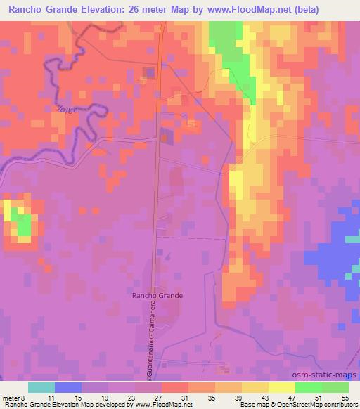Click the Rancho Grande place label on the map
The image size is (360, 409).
tap(157, 296)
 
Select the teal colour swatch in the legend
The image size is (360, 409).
tap(41, 387)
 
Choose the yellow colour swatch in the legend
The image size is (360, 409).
tap(282, 387)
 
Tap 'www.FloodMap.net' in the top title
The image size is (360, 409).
tap(243, 9)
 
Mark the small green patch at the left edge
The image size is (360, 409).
tap(22, 224)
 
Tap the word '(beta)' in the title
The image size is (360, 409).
tap(305, 9)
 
